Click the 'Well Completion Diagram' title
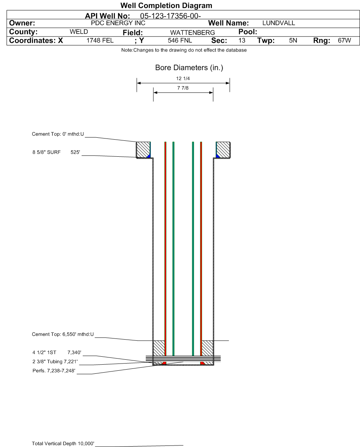coord(166,5)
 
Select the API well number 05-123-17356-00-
coord(170,16)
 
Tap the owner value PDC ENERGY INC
coord(118,23)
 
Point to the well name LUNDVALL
coord(278,23)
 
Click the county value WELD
coord(79,31)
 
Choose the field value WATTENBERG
coord(193,33)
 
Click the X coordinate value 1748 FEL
coord(100,41)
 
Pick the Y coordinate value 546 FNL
coord(180,41)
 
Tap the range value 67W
coord(344,41)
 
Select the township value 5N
coord(293,41)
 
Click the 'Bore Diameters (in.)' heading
coord(189,68)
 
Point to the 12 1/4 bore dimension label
coord(183,79)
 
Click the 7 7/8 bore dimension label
coord(183,88)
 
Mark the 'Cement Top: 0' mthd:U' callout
coord(58,134)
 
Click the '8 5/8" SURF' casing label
coord(46,152)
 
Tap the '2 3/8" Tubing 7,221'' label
coord(55,362)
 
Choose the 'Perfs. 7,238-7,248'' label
coord(54,371)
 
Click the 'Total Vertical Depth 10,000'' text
coord(63,443)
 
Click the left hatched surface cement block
coord(143,150)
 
